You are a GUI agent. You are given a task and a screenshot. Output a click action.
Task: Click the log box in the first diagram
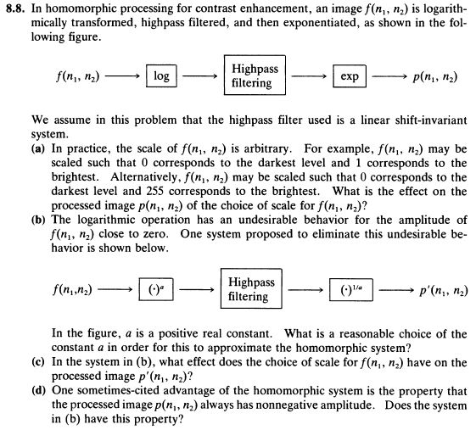pyautogui.click(x=160, y=76)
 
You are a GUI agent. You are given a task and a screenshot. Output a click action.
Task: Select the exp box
pyautogui.click(x=349, y=76)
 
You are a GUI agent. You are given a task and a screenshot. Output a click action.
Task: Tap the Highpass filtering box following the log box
pyautogui.click(x=254, y=75)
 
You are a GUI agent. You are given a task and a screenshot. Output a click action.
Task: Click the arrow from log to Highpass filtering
pyautogui.click(x=198, y=76)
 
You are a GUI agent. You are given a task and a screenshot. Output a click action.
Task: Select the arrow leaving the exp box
pyautogui.click(x=385, y=76)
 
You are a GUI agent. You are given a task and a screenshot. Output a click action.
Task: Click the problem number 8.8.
pyautogui.click(x=14, y=9)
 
